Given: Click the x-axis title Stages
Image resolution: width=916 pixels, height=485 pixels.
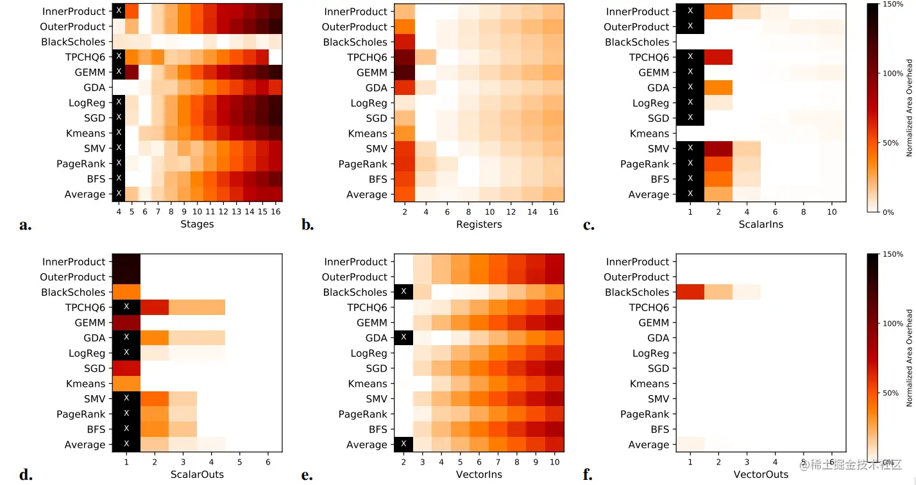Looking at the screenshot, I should [x=198, y=224].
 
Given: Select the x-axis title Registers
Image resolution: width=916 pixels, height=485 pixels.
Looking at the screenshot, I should [x=479, y=224].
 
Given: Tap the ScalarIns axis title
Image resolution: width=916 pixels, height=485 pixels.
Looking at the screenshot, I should [x=760, y=224].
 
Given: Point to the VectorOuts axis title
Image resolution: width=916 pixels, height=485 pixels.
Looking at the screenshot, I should [x=760, y=474].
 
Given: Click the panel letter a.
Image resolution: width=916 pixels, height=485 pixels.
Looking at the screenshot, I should [x=26, y=225].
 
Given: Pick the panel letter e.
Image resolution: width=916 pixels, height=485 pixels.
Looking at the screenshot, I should [x=307, y=475].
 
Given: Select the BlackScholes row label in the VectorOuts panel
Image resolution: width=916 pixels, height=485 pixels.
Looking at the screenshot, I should [x=637, y=293].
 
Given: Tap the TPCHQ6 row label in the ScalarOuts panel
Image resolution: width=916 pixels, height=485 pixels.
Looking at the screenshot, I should [x=86, y=308].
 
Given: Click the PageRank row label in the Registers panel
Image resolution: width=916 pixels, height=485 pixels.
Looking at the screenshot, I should [x=363, y=164].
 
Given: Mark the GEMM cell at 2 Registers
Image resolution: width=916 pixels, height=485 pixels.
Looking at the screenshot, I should [x=404, y=72].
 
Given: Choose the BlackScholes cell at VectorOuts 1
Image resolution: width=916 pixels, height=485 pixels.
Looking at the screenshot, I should [x=690, y=292].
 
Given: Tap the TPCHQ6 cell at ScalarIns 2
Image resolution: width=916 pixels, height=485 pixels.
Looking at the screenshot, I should [x=718, y=57].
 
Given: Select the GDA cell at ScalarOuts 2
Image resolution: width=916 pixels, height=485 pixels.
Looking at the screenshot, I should [x=154, y=338].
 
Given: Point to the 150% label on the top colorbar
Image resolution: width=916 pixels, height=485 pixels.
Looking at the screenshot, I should [x=894, y=5].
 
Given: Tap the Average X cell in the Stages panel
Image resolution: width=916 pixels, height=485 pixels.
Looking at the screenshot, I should [x=119, y=194].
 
